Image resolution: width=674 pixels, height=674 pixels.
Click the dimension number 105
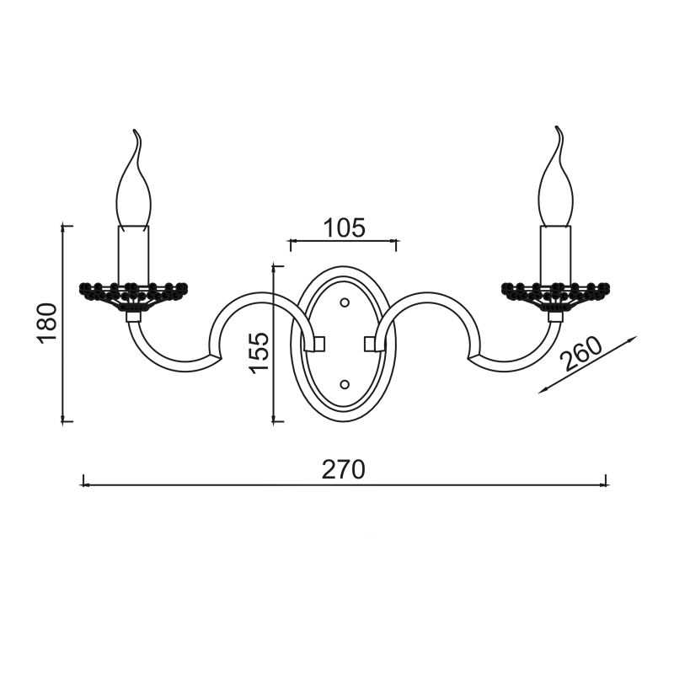coord(344,227)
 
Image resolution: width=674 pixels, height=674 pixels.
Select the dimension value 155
coord(260,352)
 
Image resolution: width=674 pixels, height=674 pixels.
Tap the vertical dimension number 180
coord(47,323)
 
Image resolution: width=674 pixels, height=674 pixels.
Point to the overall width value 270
coord(344,469)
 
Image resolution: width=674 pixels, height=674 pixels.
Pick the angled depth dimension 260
coord(582,354)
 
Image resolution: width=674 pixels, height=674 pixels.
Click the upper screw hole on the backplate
coord(345,302)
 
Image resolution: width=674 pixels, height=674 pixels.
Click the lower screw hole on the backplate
coord(345,384)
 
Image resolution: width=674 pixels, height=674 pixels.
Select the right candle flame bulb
coord(556,176)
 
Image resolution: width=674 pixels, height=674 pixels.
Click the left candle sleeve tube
coord(134,254)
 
